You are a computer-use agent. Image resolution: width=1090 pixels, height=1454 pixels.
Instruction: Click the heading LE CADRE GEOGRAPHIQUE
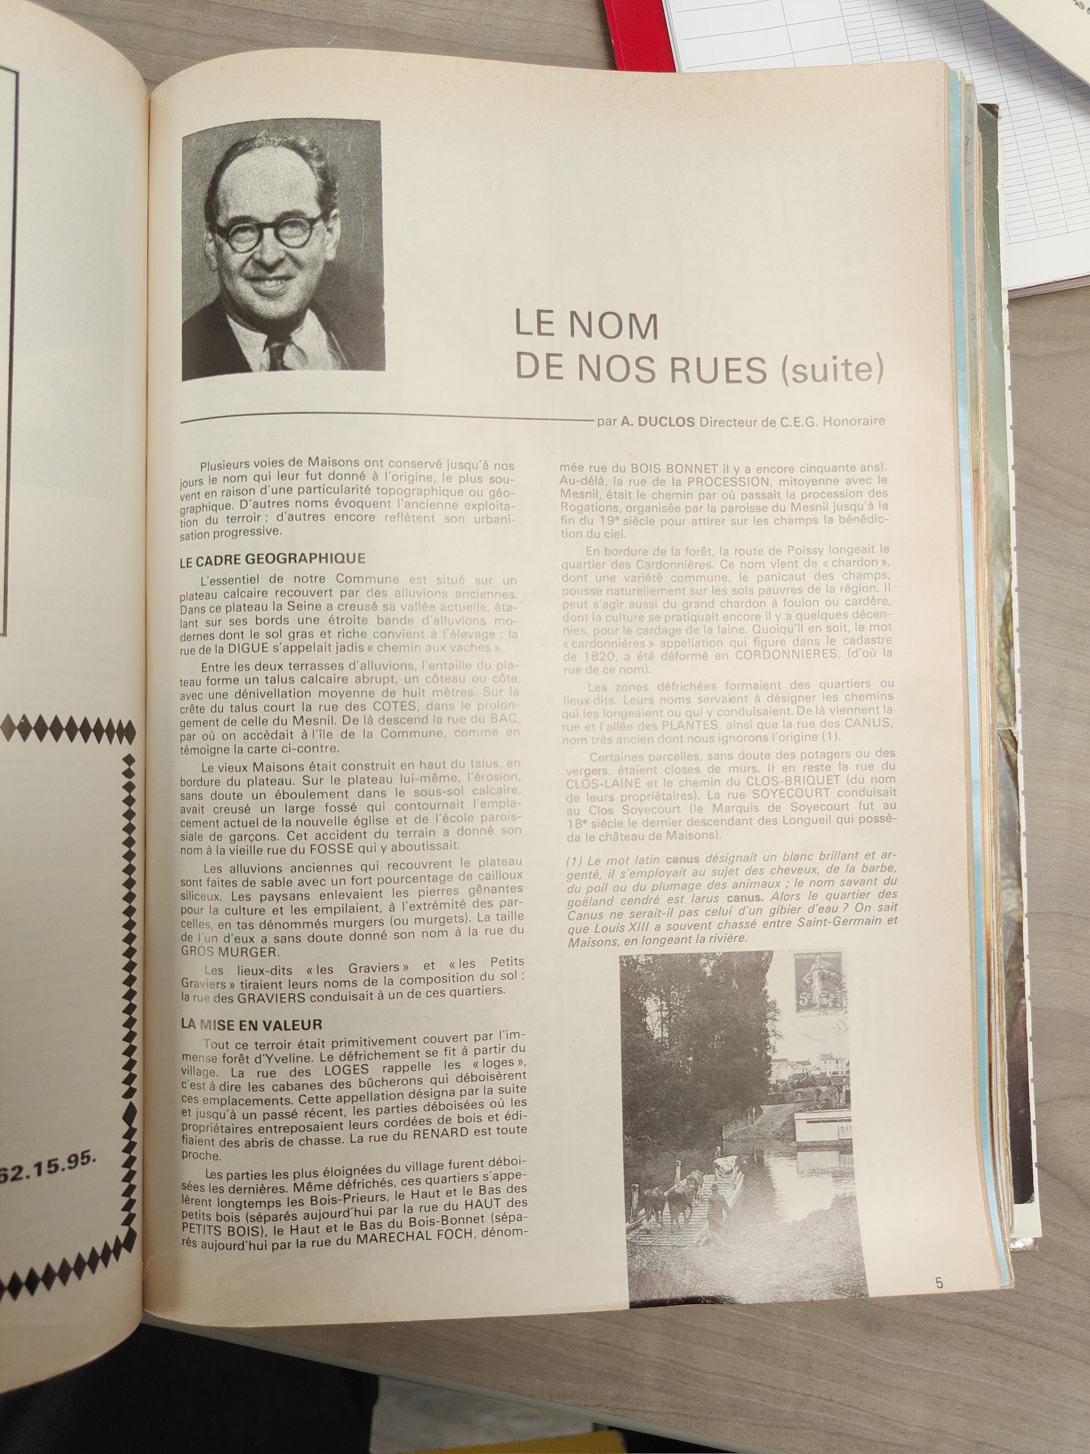point(272,559)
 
